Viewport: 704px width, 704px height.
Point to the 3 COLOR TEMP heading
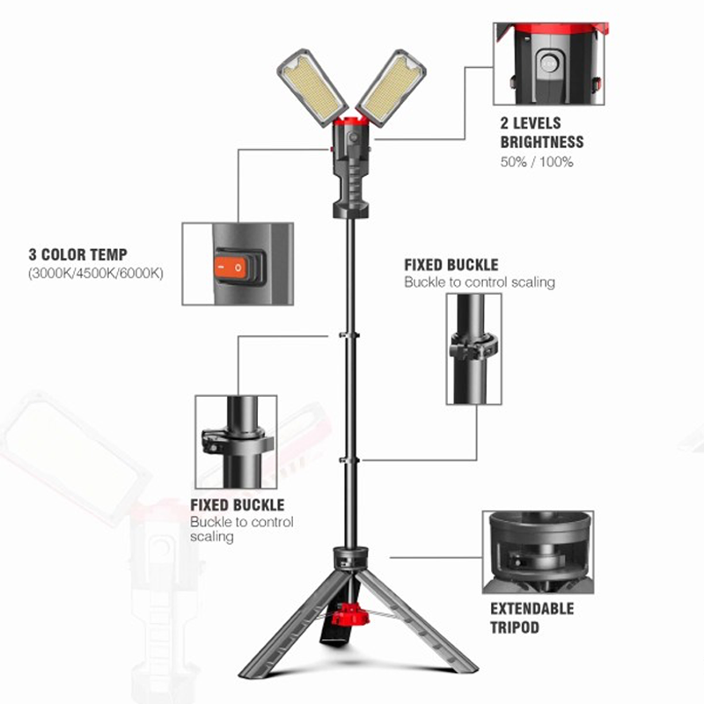tap(77, 255)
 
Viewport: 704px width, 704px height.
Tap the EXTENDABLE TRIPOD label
tap(532, 618)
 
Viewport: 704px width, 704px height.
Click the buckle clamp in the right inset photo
tap(473, 345)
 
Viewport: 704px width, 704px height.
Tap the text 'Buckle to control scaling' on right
tap(480, 282)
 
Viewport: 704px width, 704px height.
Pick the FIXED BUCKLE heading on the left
tap(238, 505)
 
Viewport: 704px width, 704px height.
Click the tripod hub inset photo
tap(537, 549)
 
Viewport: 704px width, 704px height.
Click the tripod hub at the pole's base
tap(351, 558)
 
